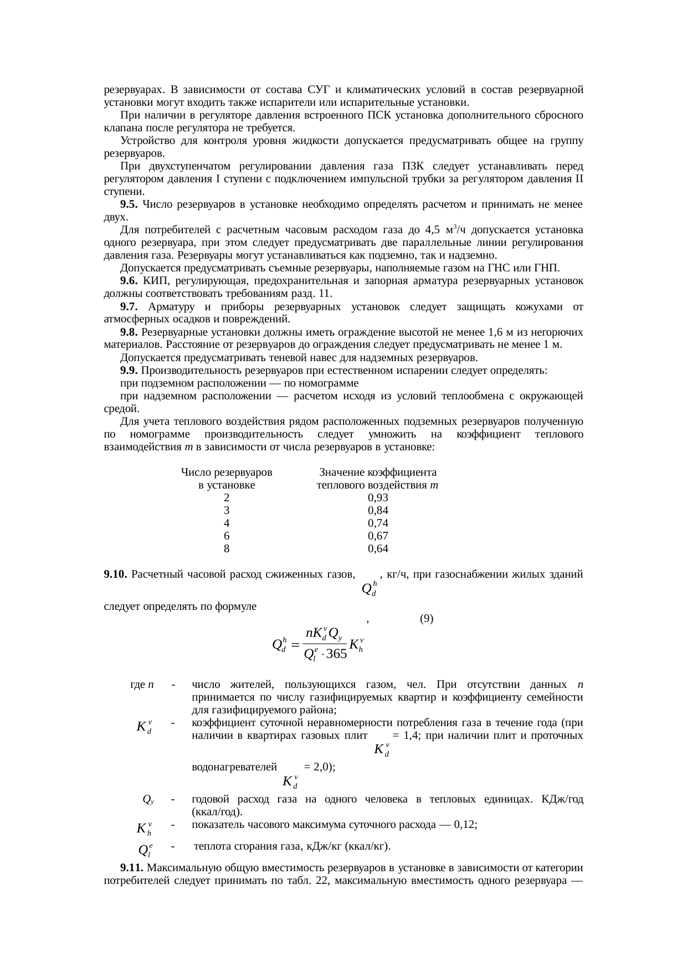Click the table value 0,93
[378, 498]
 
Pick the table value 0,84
[378, 511]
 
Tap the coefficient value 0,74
[378, 523]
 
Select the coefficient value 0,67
[378, 536]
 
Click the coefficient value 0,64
[378, 549]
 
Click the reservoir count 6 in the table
[226, 536]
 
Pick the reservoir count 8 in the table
[226, 549]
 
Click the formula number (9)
[426, 618]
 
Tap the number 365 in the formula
[336, 654]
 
